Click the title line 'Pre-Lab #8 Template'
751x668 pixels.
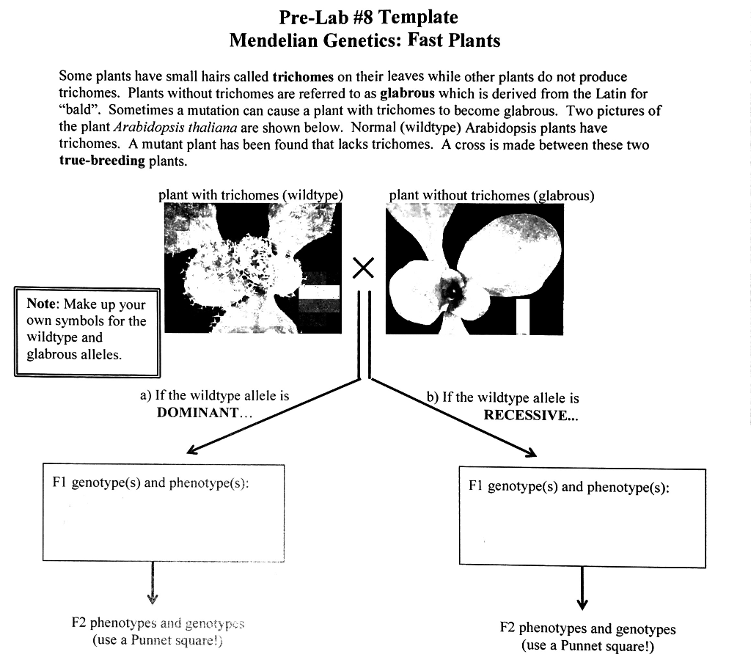pyautogui.click(x=368, y=17)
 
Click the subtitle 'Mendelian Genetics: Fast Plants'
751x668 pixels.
pyautogui.click(x=364, y=40)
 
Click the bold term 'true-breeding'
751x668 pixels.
pyautogui.click(x=102, y=161)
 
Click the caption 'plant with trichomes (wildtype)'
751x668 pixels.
pyautogui.click(x=251, y=195)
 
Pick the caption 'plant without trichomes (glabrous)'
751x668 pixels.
pyautogui.click(x=491, y=195)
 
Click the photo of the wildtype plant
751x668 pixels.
pyautogui.click(x=252, y=268)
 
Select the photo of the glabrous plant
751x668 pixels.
pyautogui.click(x=475, y=268)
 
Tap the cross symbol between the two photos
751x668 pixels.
pyautogui.click(x=363, y=268)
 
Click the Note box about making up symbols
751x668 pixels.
pyautogui.click(x=87, y=331)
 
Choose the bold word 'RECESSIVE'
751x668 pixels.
pyautogui.click(x=524, y=415)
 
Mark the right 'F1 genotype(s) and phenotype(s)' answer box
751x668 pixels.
pyautogui.click(x=582, y=517)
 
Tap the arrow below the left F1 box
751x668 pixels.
pyautogui.click(x=153, y=583)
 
